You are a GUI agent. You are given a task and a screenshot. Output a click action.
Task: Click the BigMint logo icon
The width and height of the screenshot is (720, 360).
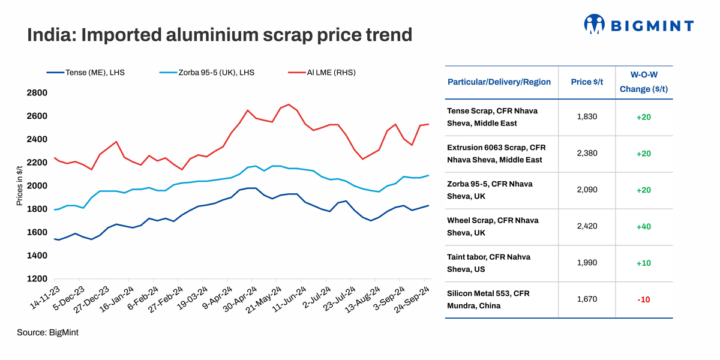pos(594,24)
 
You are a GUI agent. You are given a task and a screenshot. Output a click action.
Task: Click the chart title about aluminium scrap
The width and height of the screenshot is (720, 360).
pos(220,35)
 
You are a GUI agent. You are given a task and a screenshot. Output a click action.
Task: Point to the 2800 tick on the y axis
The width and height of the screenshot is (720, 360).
pos(37,93)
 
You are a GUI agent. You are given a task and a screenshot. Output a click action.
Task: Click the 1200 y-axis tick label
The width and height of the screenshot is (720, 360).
pos(37,279)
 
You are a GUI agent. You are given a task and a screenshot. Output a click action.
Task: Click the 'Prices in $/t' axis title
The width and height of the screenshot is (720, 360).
pos(19,186)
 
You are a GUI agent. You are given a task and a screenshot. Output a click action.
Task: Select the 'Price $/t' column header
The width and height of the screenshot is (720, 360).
pos(587,82)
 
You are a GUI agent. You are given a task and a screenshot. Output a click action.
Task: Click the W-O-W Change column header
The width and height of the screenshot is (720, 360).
pos(643,82)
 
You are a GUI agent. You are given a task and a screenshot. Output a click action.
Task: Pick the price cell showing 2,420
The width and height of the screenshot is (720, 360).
pos(587,226)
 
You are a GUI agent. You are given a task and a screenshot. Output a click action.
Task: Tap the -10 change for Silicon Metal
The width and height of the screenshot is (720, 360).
pos(643,299)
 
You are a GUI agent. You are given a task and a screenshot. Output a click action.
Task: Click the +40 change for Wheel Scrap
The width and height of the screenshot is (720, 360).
pos(643,226)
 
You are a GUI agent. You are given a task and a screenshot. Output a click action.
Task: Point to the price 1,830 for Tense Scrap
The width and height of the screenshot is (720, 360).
pos(587,116)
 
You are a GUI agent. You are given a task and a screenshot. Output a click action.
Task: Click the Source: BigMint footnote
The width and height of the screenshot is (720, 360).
pos(47,332)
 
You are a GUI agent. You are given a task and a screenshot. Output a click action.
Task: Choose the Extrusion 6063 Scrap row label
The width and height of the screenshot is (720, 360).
pos(496,153)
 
